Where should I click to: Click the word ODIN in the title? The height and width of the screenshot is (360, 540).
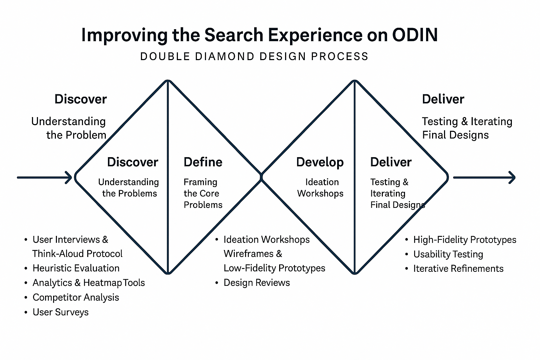[415, 35]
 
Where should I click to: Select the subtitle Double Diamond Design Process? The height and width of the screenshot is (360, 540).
[254, 56]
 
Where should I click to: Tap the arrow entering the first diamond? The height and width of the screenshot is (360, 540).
[45, 178]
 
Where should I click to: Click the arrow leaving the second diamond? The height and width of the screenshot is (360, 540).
[484, 178]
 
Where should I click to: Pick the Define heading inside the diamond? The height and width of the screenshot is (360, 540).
[203, 162]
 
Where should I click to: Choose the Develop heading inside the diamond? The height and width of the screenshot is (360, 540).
[320, 162]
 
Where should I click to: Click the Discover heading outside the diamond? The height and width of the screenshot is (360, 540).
[81, 99]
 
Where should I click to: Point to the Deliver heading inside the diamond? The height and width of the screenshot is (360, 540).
[391, 162]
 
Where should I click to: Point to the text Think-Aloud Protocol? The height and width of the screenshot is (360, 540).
[77, 254]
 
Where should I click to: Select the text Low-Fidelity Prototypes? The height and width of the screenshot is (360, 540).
[274, 268]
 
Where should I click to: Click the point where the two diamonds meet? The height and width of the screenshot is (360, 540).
[261, 177]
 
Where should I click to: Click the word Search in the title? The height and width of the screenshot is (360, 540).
[233, 35]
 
